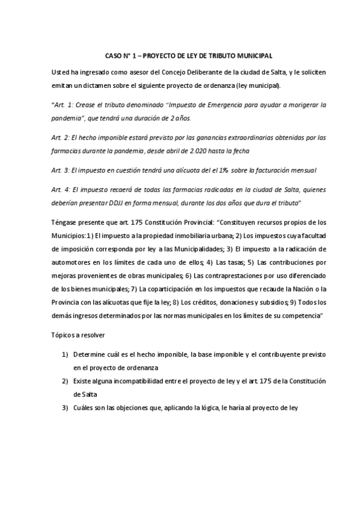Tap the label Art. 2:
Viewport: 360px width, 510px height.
(62, 138)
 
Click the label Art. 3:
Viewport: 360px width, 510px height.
(62, 171)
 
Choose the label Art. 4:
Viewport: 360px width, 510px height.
(62, 190)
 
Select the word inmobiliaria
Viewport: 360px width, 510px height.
(183, 235)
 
